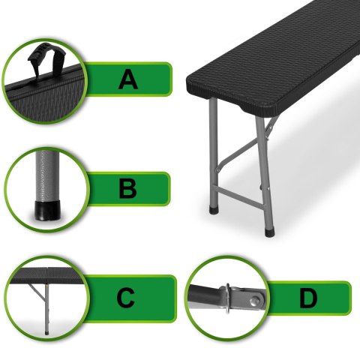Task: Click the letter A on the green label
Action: (x=127, y=79)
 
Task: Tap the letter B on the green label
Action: (x=127, y=189)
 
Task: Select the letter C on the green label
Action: (x=126, y=298)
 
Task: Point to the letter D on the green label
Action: (x=308, y=298)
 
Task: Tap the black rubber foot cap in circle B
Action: (x=47, y=211)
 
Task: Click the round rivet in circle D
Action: (x=256, y=299)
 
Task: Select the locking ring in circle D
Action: (x=227, y=298)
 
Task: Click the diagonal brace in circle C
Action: (x=37, y=292)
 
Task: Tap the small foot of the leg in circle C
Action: (x=47, y=333)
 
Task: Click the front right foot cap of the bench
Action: (x=269, y=232)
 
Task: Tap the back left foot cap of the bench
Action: (x=214, y=210)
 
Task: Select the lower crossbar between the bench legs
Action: (x=241, y=198)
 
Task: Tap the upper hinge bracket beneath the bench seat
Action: (x=272, y=125)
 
